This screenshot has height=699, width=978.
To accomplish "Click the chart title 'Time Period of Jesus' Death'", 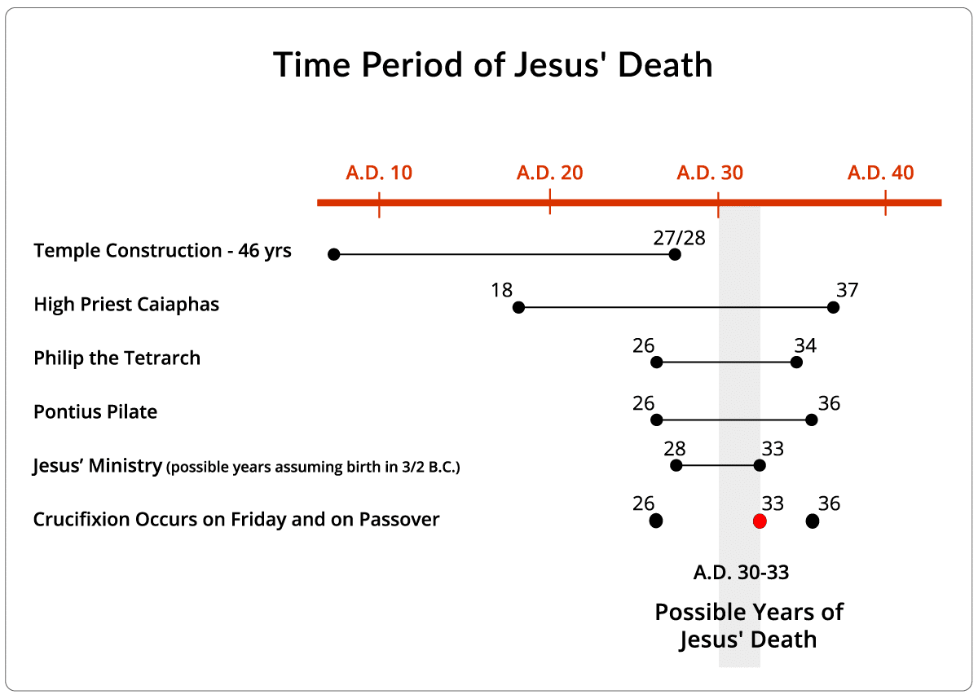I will [x=492, y=65].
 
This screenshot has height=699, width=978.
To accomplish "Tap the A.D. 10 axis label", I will [x=379, y=173].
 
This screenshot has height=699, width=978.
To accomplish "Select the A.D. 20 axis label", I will [x=549, y=173].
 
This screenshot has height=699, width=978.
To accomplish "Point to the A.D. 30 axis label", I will [x=710, y=173].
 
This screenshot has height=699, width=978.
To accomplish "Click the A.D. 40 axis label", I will [x=880, y=173].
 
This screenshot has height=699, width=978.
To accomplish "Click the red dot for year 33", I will [x=760, y=521].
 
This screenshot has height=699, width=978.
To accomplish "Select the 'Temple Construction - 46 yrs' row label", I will [x=162, y=250].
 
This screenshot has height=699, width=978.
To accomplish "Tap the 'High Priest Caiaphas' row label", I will [x=126, y=305].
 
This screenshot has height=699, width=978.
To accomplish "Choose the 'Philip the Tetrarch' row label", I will [x=117, y=358].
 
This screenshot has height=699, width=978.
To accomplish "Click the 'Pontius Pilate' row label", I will [x=95, y=412].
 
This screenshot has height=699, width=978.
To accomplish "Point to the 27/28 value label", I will [x=679, y=237].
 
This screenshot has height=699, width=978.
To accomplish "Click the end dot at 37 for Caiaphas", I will [x=833, y=307].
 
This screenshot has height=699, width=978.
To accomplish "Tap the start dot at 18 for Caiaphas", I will [x=518, y=307].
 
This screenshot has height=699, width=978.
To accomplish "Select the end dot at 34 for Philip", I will [x=796, y=363].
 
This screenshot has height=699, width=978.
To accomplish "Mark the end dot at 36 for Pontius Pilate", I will [x=811, y=420].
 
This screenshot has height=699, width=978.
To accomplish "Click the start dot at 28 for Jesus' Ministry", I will [x=676, y=465].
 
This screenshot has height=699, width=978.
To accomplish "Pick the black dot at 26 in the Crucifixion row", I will [x=656, y=521].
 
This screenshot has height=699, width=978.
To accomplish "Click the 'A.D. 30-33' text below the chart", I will [x=741, y=572].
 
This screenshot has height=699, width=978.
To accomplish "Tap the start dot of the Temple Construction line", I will [x=333, y=254].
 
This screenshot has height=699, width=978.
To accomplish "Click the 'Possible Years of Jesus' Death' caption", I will [x=748, y=626].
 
